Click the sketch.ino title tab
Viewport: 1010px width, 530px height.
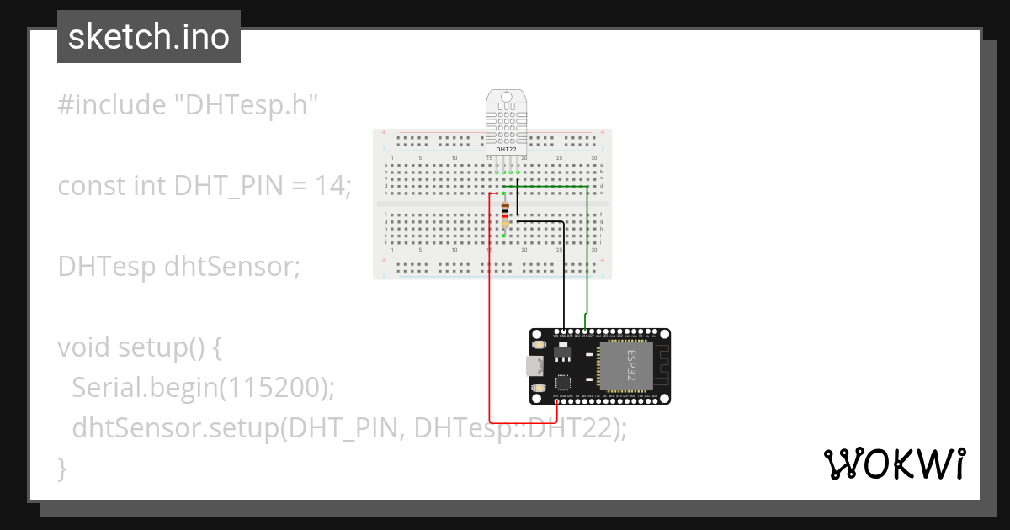point(149,37)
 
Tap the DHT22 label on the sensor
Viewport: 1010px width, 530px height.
point(506,149)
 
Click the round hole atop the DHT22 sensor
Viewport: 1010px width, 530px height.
point(506,98)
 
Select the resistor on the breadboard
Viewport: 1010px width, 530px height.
point(504,214)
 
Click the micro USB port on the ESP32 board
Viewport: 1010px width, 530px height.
point(533,366)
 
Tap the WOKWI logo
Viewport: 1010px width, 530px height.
point(893,464)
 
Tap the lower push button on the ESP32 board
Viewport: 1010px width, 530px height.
point(539,386)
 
